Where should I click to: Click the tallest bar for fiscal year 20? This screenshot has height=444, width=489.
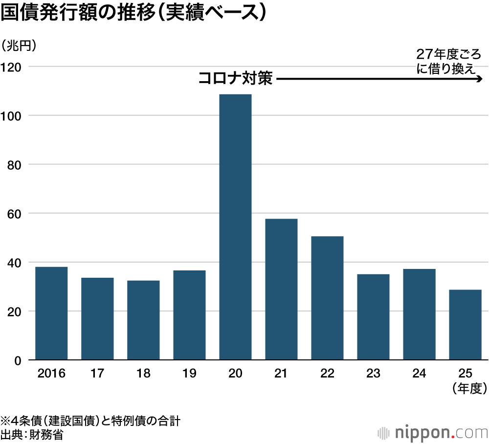coord(235,227)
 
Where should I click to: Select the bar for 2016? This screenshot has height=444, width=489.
coord(51,313)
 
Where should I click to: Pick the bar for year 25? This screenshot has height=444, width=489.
coord(465,325)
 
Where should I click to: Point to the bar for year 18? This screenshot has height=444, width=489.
coord(143,320)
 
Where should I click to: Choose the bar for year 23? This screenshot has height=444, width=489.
coord(373,317)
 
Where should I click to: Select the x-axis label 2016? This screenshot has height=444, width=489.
coord(51,374)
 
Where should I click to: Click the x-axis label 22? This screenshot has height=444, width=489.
coord(327,374)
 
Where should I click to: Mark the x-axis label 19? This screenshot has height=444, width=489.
coord(189,374)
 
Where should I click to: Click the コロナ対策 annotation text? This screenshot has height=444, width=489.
coord(235,79)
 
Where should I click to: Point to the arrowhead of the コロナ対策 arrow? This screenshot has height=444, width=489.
coord(480,79)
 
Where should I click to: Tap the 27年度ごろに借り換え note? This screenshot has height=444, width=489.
coord(447,61)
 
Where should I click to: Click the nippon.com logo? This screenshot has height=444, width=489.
coord(433,432)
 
